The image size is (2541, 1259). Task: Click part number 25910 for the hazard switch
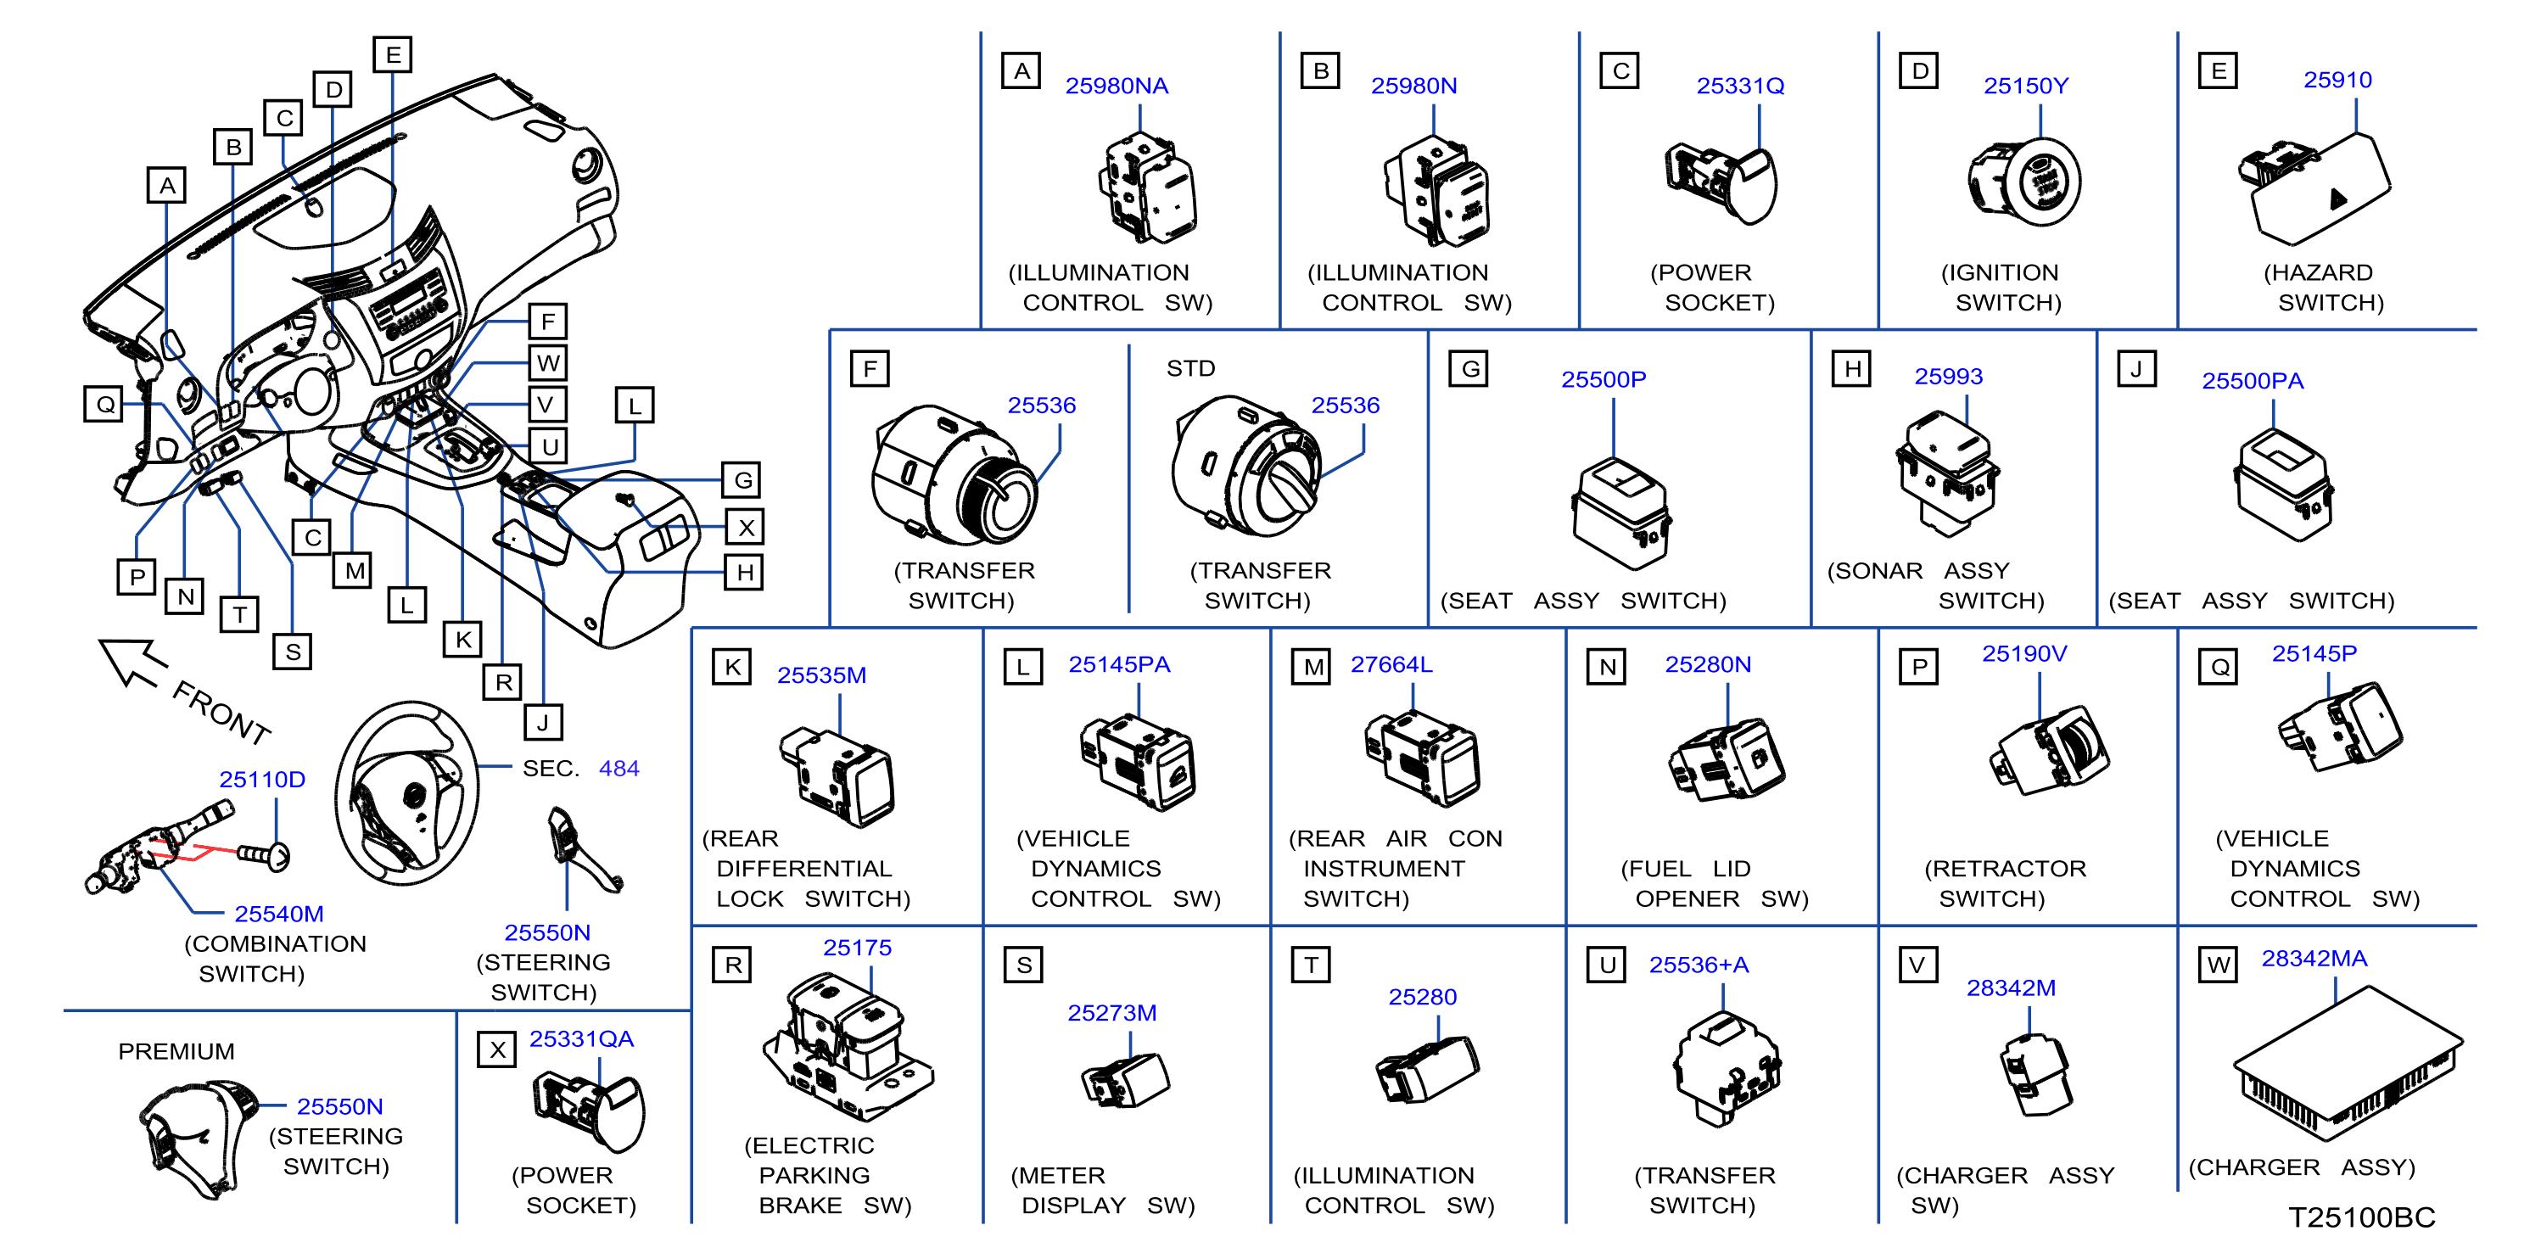click(2337, 80)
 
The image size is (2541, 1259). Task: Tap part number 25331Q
click(1740, 86)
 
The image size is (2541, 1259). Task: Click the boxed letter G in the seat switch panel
click(1469, 369)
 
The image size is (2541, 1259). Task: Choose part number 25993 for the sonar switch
click(1948, 376)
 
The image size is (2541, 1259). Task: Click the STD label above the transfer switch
click(1190, 368)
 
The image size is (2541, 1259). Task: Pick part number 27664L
click(1391, 664)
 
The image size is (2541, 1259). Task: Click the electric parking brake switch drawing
click(848, 1048)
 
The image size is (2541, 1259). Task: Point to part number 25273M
click(1111, 1012)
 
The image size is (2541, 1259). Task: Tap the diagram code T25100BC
click(2361, 1217)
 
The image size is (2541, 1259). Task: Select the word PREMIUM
click(176, 1051)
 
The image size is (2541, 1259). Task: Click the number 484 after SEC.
click(618, 768)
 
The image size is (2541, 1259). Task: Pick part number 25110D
click(262, 779)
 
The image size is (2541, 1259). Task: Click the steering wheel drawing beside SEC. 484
click(406, 793)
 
